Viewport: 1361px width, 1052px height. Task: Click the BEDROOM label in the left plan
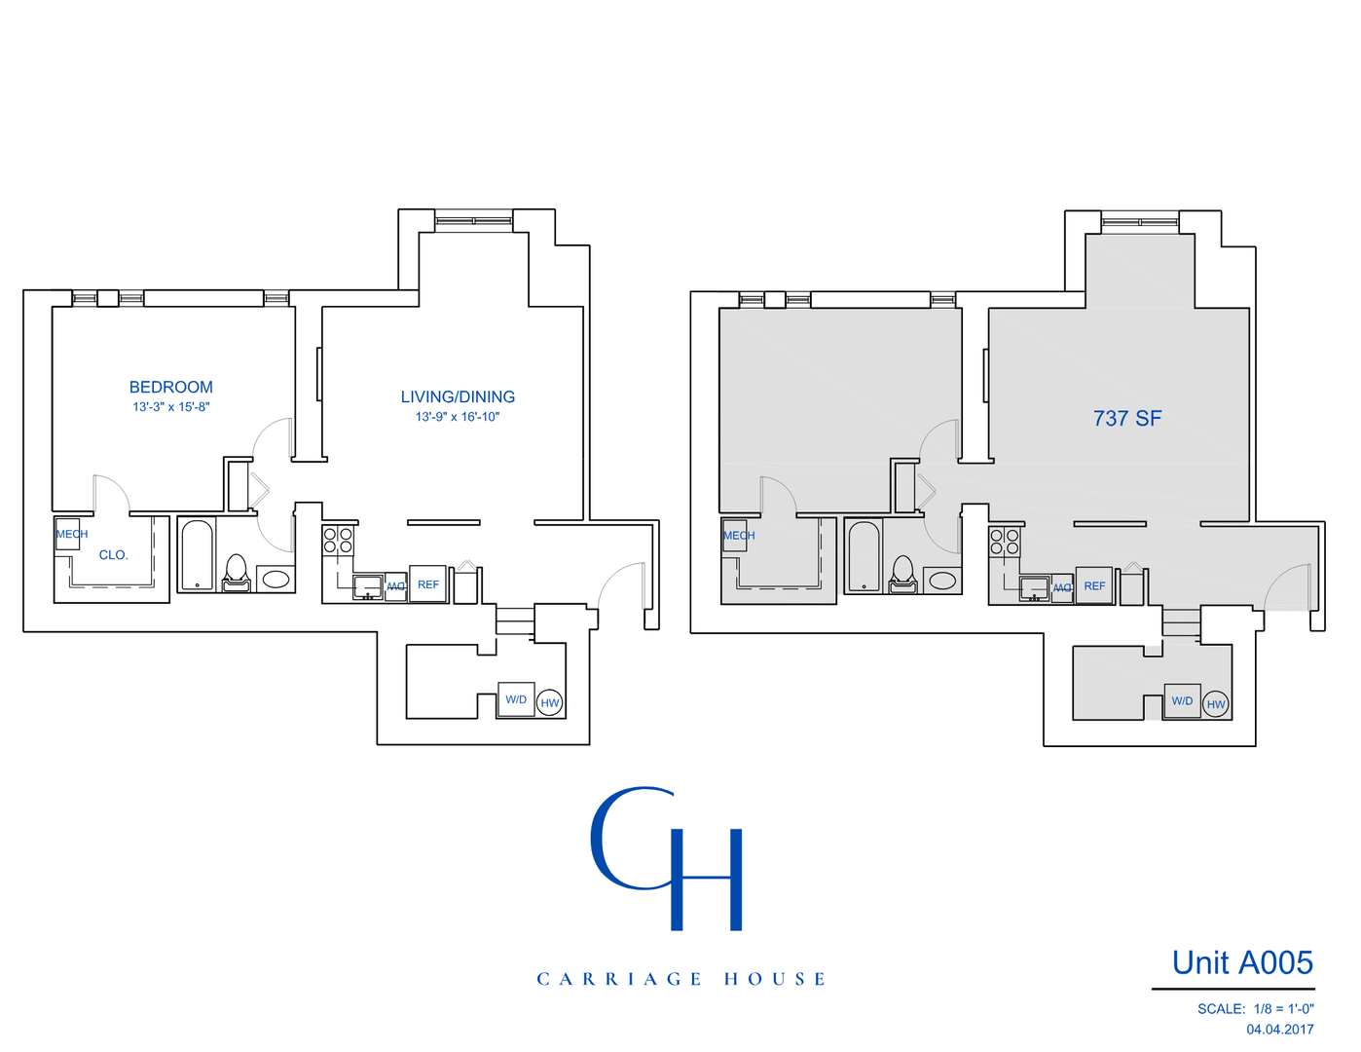click(170, 388)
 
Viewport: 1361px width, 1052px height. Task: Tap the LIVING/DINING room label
click(458, 397)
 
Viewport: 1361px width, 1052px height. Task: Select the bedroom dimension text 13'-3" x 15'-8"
click(171, 407)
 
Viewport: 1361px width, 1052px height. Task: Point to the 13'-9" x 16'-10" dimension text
click(458, 417)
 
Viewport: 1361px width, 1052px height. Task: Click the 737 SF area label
click(1127, 419)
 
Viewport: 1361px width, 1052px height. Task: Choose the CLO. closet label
click(113, 555)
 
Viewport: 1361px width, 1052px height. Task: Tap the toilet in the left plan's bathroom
click(237, 574)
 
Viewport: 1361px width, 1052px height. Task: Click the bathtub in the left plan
click(197, 556)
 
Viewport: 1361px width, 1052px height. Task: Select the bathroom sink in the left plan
click(276, 580)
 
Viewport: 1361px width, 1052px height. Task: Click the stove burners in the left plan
click(338, 541)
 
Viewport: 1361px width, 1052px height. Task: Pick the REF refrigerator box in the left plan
click(427, 584)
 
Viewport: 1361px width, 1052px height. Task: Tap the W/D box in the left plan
click(516, 699)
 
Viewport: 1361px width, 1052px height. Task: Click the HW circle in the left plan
click(550, 703)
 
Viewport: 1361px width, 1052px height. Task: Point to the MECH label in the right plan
click(738, 536)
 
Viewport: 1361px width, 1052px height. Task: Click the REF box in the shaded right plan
click(1094, 586)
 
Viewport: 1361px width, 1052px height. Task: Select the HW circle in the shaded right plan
click(1216, 704)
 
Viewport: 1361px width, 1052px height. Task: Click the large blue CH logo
click(669, 857)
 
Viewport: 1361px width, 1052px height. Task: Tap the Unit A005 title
click(1242, 963)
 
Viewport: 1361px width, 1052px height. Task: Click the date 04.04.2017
click(1279, 1030)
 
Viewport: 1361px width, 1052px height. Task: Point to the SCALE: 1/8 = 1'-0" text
click(1255, 1009)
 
